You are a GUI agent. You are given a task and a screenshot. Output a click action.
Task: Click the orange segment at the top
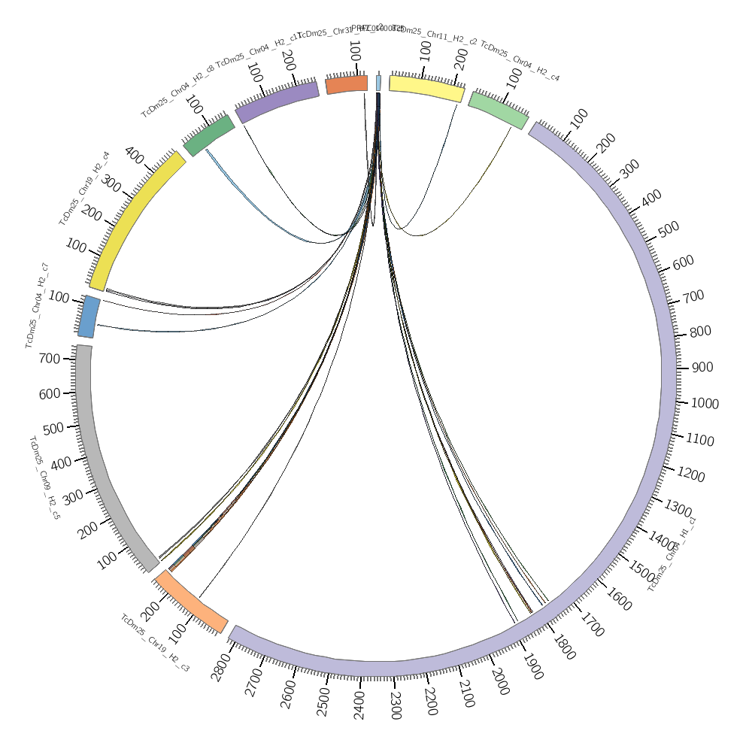tap(347, 84)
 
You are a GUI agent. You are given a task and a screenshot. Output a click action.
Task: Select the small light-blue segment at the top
tap(378, 83)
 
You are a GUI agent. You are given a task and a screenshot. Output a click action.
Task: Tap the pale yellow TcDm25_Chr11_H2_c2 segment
tap(426, 87)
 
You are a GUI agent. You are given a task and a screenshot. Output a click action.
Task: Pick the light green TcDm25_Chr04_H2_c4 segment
tap(498, 110)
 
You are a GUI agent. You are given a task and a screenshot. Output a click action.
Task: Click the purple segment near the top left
tap(277, 101)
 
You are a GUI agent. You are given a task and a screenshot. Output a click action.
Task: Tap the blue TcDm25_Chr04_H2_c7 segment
tap(89, 317)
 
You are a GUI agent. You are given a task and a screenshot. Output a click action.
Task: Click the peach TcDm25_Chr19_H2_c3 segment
tap(192, 602)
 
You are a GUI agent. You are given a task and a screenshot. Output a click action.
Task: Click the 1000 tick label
tap(705, 404)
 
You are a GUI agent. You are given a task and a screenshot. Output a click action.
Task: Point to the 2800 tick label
tap(219, 667)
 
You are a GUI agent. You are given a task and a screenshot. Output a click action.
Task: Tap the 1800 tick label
tap(563, 648)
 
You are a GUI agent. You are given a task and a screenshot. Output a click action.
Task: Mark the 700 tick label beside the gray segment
tap(50, 359)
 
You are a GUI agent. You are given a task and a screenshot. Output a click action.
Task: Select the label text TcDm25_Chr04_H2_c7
tap(37, 305)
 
